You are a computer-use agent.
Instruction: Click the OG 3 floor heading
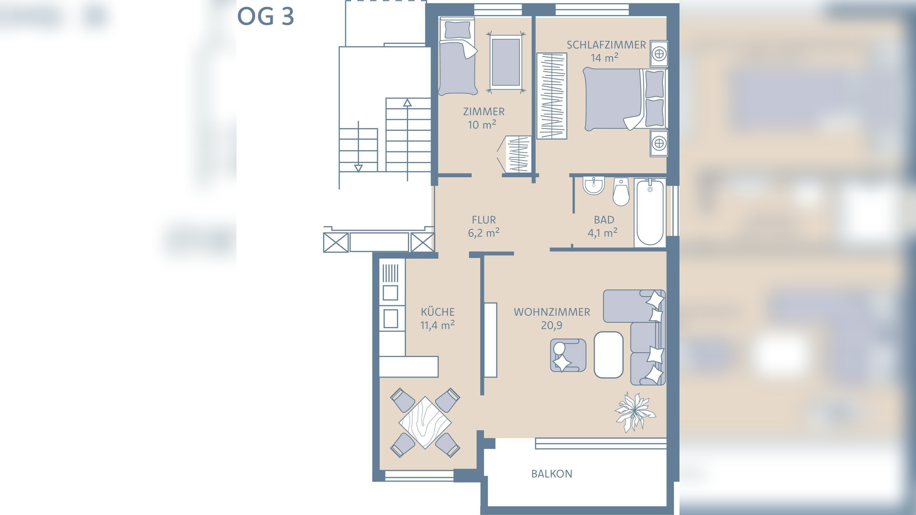pos(265,16)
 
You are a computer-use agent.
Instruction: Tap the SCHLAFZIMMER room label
pos(606,45)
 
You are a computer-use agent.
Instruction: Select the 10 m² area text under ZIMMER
pos(482,124)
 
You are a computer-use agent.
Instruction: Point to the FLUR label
pos(484,220)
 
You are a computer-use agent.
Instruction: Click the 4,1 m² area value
pos(603,233)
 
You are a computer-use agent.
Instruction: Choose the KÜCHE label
pos(438,312)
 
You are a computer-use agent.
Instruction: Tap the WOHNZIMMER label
pos(552,312)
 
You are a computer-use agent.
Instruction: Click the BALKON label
pos(552,474)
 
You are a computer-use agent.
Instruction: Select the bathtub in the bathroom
pos(650,213)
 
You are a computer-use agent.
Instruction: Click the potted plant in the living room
pos(634,412)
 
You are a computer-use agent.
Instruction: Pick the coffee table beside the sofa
pos(608,355)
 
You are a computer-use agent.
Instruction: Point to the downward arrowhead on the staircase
pos(358,168)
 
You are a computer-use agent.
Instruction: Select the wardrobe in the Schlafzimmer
pos(552,96)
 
